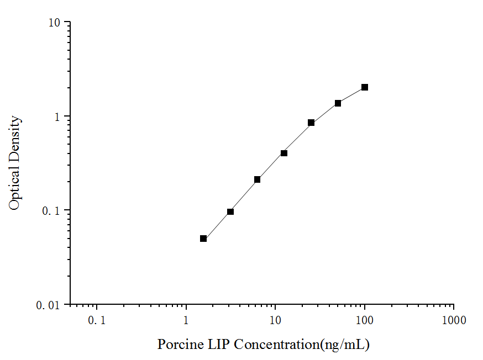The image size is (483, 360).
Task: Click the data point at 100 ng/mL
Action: click(x=365, y=87)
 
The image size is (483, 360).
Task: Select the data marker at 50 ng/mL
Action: click(x=338, y=103)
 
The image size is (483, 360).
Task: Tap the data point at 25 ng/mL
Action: click(x=311, y=123)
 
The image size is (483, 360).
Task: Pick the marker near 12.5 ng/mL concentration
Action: click(x=284, y=153)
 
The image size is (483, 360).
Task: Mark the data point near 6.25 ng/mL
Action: click(x=257, y=179)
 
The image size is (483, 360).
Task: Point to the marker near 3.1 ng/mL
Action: click(x=230, y=211)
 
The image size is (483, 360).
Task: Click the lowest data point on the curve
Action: click(x=203, y=239)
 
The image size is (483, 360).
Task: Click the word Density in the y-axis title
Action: click(x=15, y=138)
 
